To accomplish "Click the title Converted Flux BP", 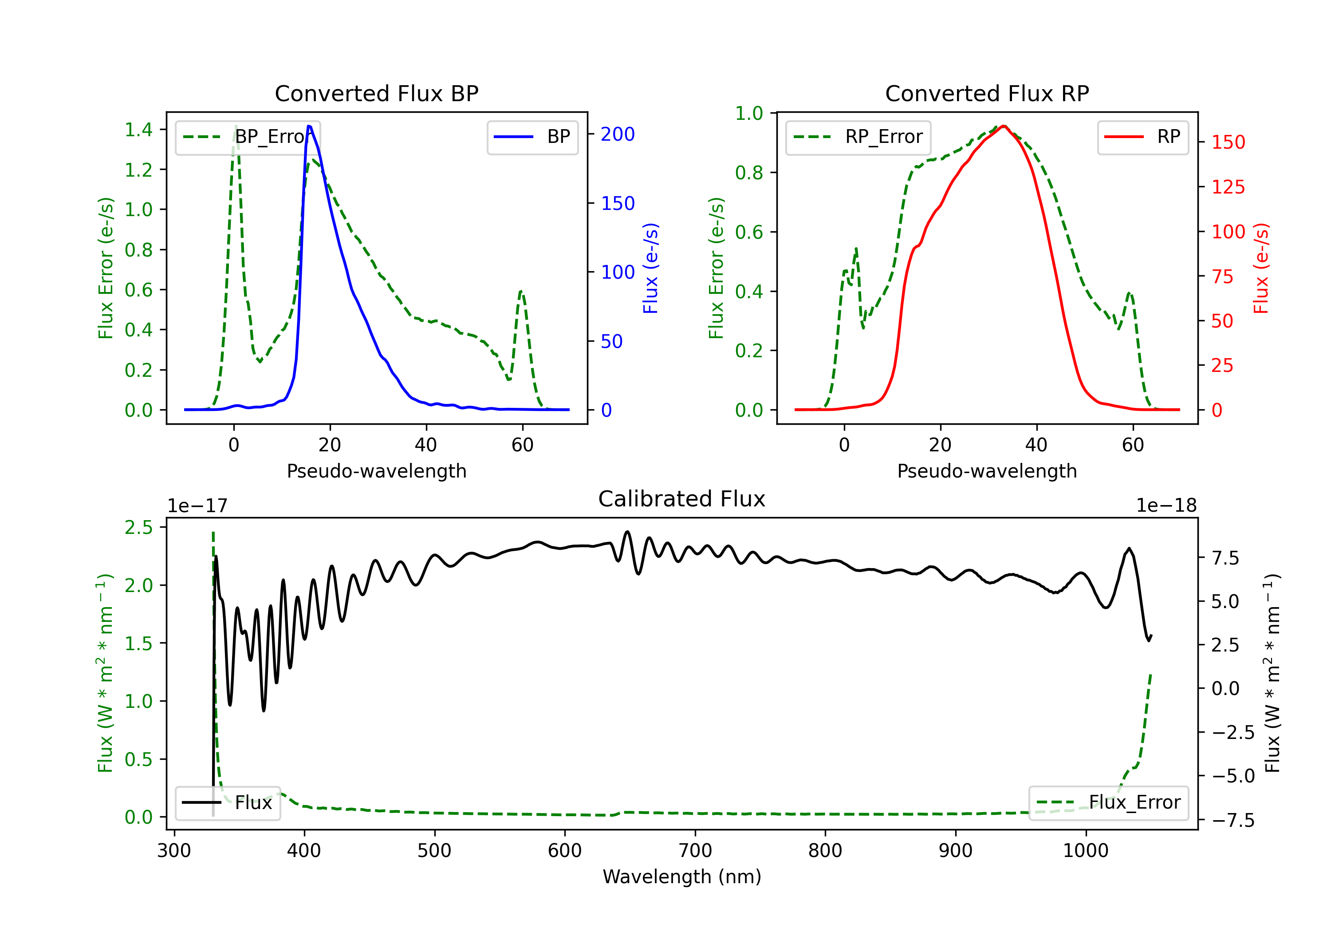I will [x=376, y=93].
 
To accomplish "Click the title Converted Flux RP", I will [x=987, y=93].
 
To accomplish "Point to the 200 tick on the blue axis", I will [x=618, y=134].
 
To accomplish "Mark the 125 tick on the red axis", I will [x=1228, y=187].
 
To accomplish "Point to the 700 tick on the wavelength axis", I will [x=694, y=851].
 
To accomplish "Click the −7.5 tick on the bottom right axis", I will [x=1233, y=820].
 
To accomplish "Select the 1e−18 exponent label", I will [x=1166, y=506].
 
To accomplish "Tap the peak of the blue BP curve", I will [x=309, y=126].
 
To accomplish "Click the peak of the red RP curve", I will [x=1004, y=126].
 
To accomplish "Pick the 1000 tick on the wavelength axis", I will [x=1085, y=851].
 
